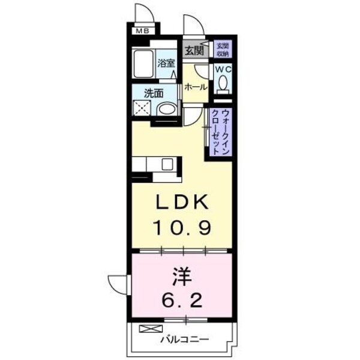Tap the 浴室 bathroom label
click(x=165, y=62)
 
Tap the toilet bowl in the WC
click(x=223, y=87)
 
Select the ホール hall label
click(x=196, y=87)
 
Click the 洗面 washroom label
click(x=154, y=93)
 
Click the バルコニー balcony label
click(x=184, y=340)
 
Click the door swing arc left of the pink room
click(x=120, y=282)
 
